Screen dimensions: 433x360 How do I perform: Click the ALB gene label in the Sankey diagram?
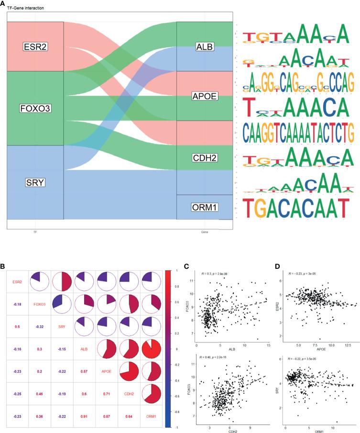[x=205, y=46]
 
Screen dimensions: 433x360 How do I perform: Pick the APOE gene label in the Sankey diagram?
[x=204, y=96]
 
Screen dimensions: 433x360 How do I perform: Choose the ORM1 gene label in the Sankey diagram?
[x=204, y=207]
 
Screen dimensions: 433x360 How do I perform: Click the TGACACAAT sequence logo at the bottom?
[x=293, y=208]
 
